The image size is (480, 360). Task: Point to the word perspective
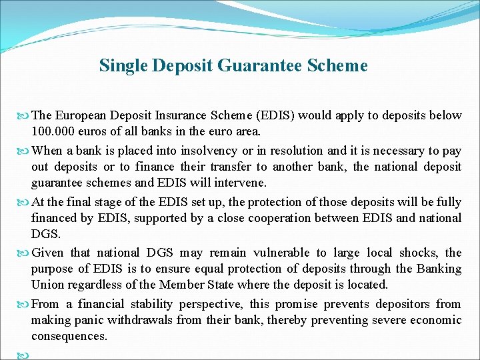click(x=209, y=304)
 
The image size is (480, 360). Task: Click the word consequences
click(x=69, y=336)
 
